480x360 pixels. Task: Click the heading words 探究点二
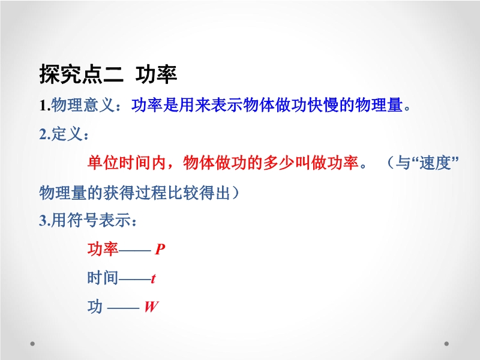[x=82, y=74]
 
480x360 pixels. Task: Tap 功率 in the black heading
[x=156, y=74]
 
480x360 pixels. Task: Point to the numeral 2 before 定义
[x=43, y=134]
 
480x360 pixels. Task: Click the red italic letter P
[x=160, y=249]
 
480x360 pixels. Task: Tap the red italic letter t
[x=153, y=278]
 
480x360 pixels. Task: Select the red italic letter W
[x=152, y=307]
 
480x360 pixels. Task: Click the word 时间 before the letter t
[x=103, y=278]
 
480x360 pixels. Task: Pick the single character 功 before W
[x=95, y=306]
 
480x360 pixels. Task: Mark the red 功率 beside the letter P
[x=103, y=248]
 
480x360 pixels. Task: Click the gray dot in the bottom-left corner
[x=32, y=344]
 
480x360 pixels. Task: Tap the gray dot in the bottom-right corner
[x=446, y=344]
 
